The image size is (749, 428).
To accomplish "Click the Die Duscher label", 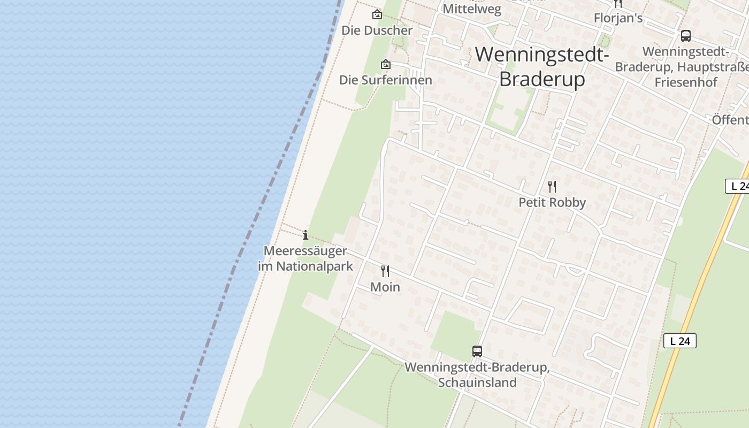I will (377, 30).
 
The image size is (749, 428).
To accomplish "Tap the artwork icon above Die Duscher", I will (377, 14).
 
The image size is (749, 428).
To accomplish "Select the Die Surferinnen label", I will (385, 80).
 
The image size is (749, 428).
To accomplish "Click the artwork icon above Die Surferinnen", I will (385, 64).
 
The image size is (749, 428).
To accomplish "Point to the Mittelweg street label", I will (472, 9).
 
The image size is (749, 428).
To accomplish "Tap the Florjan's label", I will (618, 18).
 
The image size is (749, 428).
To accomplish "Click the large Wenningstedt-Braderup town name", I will (542, 66).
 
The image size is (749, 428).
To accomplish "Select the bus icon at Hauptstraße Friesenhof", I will (685, 36).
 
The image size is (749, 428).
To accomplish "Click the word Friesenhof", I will (686, 82).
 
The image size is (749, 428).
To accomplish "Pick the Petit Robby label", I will (552, 202).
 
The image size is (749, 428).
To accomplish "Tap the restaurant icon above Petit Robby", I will (552, 186).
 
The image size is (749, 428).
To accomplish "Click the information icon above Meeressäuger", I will (305, 235).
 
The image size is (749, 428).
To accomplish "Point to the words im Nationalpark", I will (305, 266).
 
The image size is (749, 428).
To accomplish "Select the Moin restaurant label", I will (385, 287).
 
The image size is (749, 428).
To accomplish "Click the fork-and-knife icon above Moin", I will (385, 271).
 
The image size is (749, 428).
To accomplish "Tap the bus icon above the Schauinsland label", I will (477, 351).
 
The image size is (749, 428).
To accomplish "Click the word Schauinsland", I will (477, 383).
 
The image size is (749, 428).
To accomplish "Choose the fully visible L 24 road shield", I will (679, 341).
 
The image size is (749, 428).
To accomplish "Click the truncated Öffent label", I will (730, 120).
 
